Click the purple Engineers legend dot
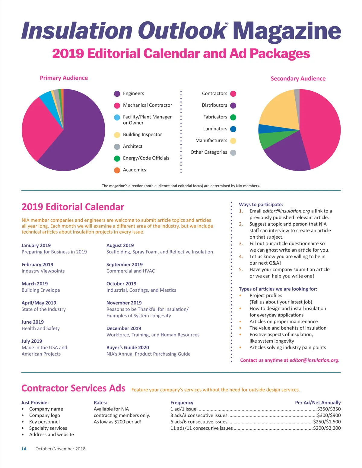pos(117,94)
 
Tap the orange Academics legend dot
pos(117,170)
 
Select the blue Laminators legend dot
pos(233,129)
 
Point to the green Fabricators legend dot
pos(233,117)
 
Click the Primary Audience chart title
pos(64,78)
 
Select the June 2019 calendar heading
pos(33,322)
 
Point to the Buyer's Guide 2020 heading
pos(128,347)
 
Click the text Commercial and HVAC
pos(130,271)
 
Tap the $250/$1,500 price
pos(327,422)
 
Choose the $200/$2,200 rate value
pos(327,428)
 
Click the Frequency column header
pos(182,403)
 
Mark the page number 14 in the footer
pos(24,449)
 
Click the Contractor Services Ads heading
pos(73,388)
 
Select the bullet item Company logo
pos(44,415)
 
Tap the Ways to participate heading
pos(261,204)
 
